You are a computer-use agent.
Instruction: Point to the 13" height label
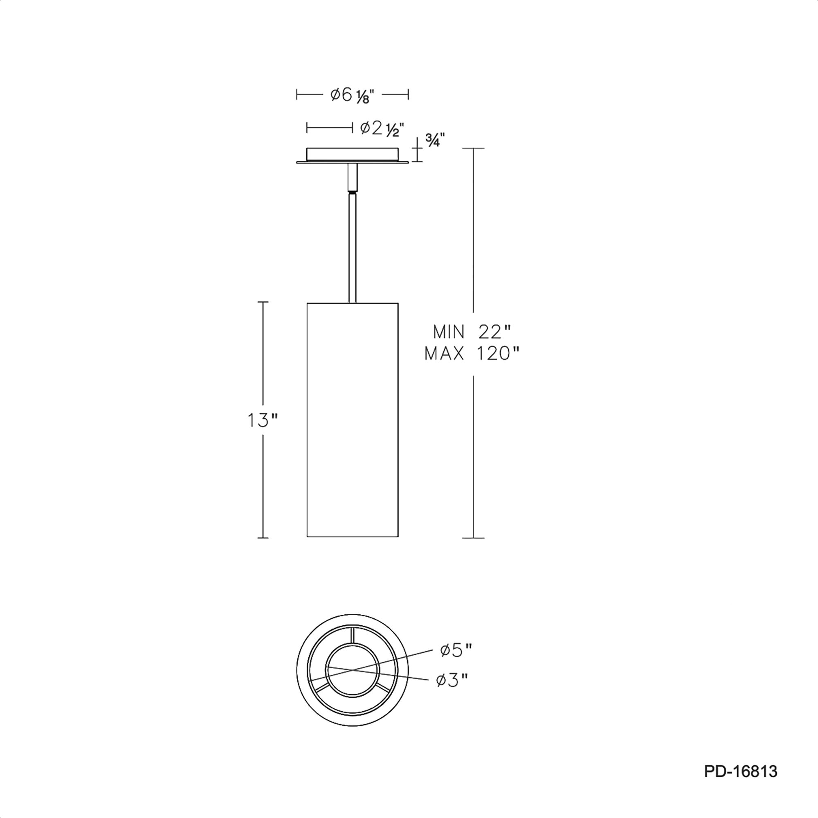pyautogui.click(x=263, y=420)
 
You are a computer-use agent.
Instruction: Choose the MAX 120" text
pyautogui.click(x=472, y=353)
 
